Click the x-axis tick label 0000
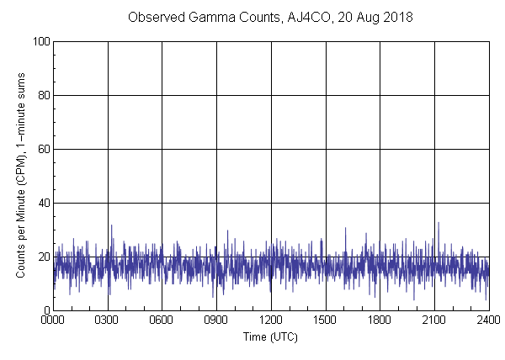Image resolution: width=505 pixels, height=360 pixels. click(53, 320)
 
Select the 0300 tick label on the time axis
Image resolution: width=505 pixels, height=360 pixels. click(108, 320)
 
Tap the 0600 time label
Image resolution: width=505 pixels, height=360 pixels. click(162, 320)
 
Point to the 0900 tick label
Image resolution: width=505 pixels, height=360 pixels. click(216, 320)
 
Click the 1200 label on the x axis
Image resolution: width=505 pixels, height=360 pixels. click(271, 320)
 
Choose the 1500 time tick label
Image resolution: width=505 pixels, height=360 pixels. click(325, 320)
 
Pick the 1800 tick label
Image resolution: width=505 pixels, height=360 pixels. click(380, 320)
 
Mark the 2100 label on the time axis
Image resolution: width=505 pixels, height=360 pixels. click(434, 320)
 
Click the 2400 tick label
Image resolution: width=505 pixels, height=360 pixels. click(488, 320)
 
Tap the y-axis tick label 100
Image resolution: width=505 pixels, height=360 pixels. click(40, 41)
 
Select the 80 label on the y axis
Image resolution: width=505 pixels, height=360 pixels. click(43, 95)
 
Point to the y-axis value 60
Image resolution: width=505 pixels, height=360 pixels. click(43, 149)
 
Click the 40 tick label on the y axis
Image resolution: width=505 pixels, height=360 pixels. click(43, 203)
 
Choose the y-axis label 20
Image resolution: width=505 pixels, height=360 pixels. click(43, 257)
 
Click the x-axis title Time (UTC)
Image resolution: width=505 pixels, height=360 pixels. click(270, 336)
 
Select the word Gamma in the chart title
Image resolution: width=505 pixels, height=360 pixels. click(201, 17)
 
